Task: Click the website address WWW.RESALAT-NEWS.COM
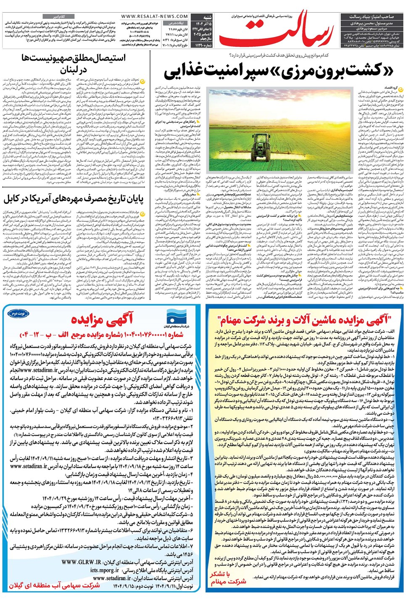pos(149,16)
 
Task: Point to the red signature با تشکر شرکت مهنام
pos(228,578)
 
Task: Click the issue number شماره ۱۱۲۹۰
pos(203,45)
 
